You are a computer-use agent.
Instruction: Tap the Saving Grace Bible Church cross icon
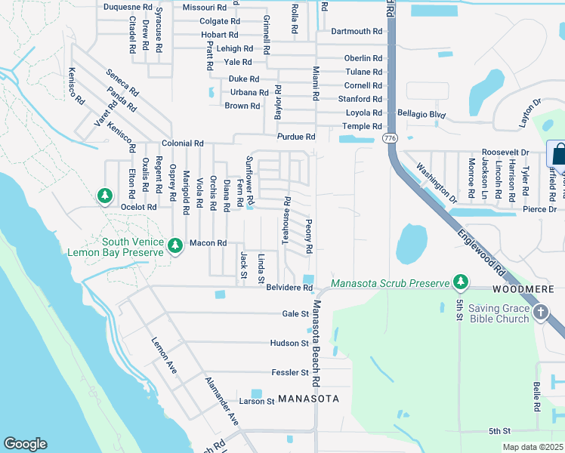541,312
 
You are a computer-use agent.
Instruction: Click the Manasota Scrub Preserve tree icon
459,282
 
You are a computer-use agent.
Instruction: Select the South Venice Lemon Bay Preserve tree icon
175,245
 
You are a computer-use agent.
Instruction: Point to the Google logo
25,444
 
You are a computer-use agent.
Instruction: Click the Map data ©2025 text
533,447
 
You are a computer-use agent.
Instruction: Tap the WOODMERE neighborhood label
523,290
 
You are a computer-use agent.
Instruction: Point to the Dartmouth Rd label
357,31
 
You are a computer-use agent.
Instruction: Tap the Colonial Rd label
182,143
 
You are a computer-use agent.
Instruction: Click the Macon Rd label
208,243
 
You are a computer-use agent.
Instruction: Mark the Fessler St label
290,372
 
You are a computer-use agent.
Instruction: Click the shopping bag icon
560,154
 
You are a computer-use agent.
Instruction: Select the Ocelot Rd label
137,207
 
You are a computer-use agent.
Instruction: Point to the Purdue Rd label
295,137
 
